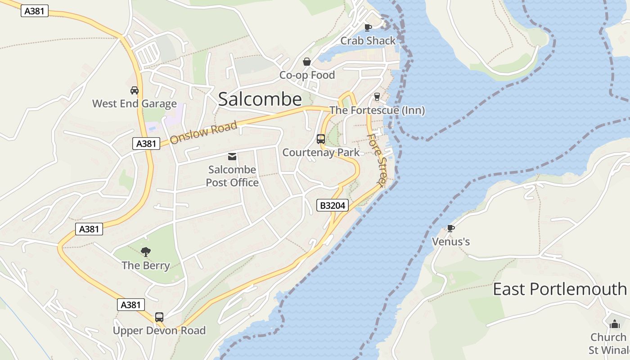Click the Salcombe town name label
[x=260, y=99]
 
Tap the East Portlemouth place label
[x=560, y=289]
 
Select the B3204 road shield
[x=333, y=206]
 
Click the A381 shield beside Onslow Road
[x=146, y=144]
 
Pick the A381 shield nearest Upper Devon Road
[x=131, y=305]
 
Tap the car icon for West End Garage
[x=134, y=90]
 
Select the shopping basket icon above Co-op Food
[x=307, y=62]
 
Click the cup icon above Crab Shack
[x=368, y=27]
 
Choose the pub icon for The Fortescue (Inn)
[x=377, y=97]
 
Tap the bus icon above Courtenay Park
[x=321, y=139]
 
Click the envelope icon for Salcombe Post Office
[x=232, y=157]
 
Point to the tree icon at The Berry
[x=145, y=252]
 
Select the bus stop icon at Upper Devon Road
[x=159, y=317]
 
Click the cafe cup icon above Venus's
[x=451, y=228]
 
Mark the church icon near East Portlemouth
[x=615, y=324]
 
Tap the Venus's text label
[x=451, y=242]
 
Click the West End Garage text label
[x=135, y=103]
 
